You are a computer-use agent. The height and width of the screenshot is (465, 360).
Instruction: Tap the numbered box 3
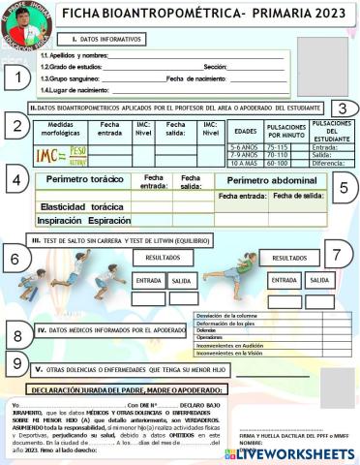point(342,108)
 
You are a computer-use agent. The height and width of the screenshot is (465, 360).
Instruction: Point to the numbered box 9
point(17,363)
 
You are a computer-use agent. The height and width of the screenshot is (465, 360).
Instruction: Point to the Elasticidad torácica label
point(78,206)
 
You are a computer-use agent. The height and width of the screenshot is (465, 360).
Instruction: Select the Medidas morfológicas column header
point(61,131)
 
